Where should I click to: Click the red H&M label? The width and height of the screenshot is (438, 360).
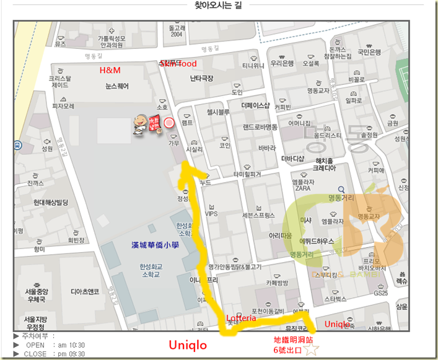coord(110,71)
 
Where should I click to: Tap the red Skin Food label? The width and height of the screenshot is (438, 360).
coord(178,64)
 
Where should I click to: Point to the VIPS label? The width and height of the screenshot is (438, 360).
coord(212,214)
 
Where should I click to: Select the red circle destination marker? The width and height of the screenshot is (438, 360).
coord(169,123)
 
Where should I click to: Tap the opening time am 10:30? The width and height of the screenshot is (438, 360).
coord(72,345)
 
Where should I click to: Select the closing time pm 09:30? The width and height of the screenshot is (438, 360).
coord(72,354)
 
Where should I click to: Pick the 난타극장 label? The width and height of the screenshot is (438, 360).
coord(201,78)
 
